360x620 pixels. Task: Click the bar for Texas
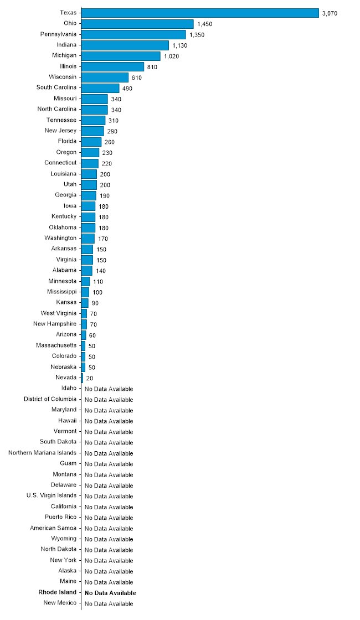[200, 13]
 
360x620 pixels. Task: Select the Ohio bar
[137, 24]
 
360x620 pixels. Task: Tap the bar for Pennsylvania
[133, 34]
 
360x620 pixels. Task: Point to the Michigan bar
[121, 56]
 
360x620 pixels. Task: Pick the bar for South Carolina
[100, 88]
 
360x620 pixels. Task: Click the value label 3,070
[330, 13]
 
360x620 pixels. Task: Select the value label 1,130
[180, 45]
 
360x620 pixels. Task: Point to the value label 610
[137, 77]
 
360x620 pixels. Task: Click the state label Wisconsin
[63, 77]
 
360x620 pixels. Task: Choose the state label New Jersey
[60, 131]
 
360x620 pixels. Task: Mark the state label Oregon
[66, 152]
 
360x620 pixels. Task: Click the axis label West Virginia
[59, 313]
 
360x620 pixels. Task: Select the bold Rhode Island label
[58, 592]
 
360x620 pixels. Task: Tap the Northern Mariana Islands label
[43, 453]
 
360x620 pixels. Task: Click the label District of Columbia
[50, 399]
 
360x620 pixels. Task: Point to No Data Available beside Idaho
[109, 389]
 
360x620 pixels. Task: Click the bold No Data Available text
[110, 593]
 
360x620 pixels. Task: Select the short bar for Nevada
[82, 378]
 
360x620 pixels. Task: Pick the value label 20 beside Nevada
[89, 378]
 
